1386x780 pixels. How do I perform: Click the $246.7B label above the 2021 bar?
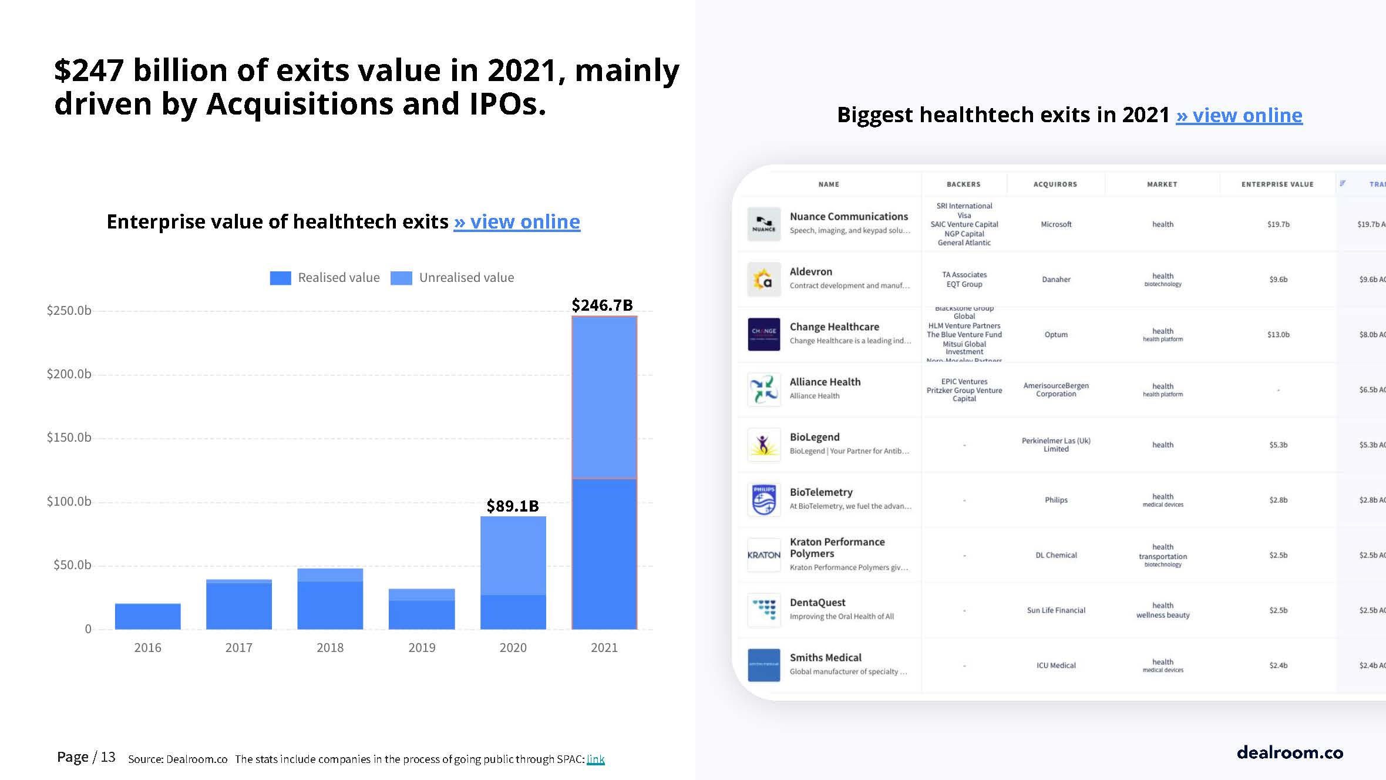(x=602, y=305)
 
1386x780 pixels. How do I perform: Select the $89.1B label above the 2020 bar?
(x=512, y=506)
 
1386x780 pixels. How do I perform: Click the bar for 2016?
(x=147, y=616)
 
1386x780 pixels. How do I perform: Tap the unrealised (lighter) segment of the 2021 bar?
(x=604, y=398)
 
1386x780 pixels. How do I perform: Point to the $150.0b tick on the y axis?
(x=69, y=438)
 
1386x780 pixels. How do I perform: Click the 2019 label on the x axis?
(x=422, y=647)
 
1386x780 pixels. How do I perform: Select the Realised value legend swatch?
(x=280, y=278)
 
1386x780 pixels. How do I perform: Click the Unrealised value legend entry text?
(x=466, y=278)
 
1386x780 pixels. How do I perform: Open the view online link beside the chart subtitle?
(x=517, y=221)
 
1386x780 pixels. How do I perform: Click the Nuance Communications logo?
(x=763, y=224)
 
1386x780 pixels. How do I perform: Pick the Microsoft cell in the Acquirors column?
(x=1056, y=224)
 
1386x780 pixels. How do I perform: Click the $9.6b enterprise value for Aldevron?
(x=1278, y=280)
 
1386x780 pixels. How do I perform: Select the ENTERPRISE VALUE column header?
(x=1277, y=184)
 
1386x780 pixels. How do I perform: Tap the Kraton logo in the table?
(x=763, y=555)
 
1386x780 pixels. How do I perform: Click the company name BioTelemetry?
(x=821, y=492)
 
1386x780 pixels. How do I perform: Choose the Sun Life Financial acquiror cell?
(x=1056, y=610)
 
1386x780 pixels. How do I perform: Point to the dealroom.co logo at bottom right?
(x=1290, y=752)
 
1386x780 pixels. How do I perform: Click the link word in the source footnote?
(x=596, y=759)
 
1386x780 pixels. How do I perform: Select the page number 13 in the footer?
(x=108, y=757)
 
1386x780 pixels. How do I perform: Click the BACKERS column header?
(x=963, y=184)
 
